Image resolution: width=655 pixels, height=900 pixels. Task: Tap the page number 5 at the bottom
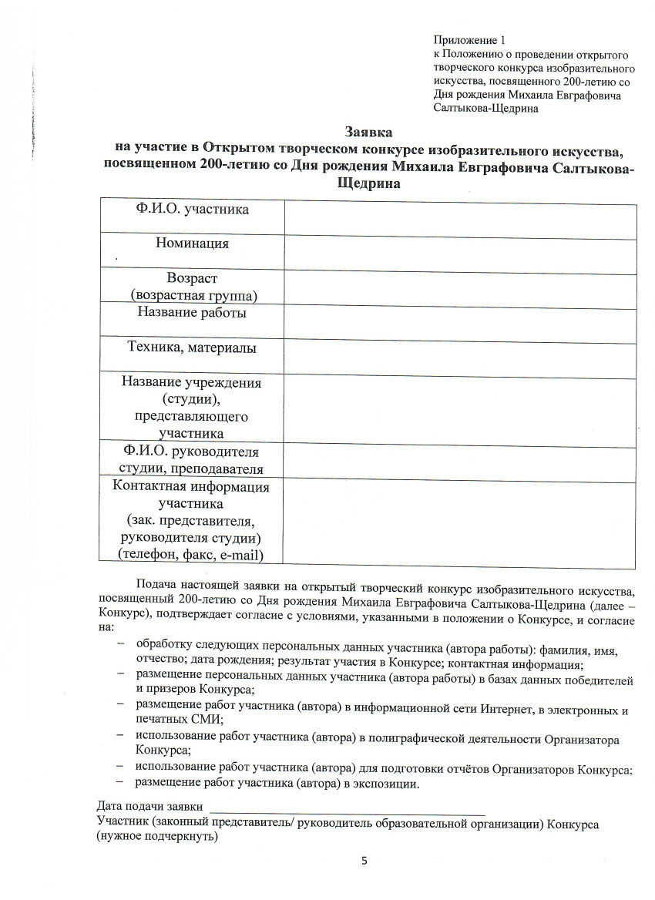coord(364,861)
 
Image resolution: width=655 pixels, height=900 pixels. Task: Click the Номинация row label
coord(193,243)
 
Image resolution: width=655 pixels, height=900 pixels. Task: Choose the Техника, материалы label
coord(193,348)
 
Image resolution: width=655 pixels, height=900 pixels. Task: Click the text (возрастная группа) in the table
coord(193,295)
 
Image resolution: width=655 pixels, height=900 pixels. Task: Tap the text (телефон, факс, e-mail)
coord(190,554)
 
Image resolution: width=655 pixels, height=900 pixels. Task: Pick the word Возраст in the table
coord(193,278)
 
